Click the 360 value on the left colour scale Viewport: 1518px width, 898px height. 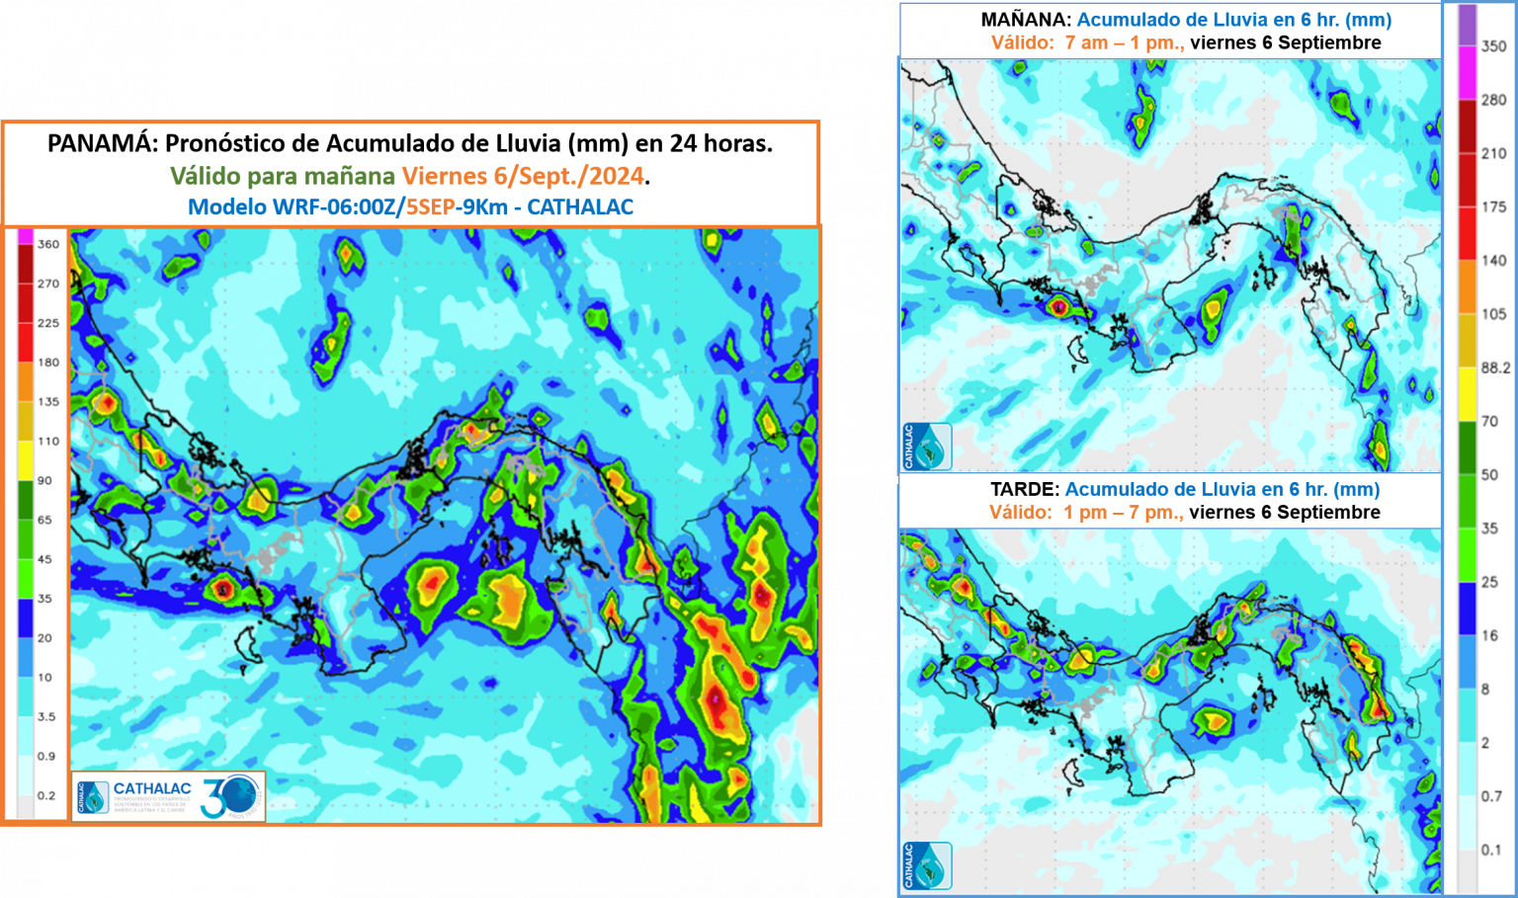click(x=48, y=244)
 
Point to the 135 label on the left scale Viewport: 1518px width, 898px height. click(x=48, y=402)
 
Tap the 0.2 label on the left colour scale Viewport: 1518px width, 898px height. click(x=46, y=796)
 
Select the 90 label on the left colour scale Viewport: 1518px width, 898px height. click(x=45, y=481)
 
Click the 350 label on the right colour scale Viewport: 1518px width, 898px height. click(x=1493, y=46)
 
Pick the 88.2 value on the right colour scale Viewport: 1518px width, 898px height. click(x=1494, y=367)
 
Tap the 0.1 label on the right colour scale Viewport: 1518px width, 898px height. click(x=1491, y=850)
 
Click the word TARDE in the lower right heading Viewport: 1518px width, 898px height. click(x=1025, y=489)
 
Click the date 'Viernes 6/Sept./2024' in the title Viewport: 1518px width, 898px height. click(x=523, y=176)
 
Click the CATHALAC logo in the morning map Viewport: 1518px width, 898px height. click(x=926, y=447)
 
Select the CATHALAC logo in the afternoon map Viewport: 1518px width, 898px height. click(x=926, y=865)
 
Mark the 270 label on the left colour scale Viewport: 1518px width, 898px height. click(x=48, y=284)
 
